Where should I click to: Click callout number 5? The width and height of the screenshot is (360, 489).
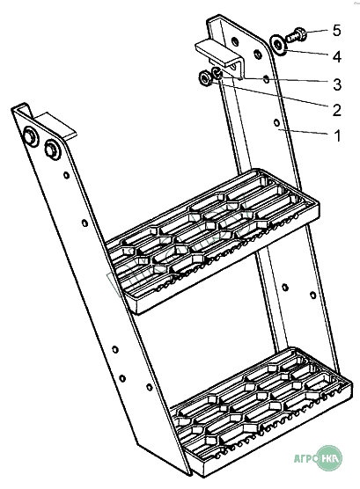pyautogui.click(x=336, y=31)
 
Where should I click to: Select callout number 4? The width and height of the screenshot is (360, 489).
pyautogui.click(x=337, y=57)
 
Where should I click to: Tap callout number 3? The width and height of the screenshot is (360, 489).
pyautogui.click(x=337, y=84)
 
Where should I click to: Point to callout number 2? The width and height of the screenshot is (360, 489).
pyautogui.click(x=337, y=110)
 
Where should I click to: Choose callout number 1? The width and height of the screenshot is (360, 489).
pyautogui.click(x=337, y=136)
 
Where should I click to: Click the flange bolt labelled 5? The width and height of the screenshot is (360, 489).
pyautogui.click(x=296, y=34)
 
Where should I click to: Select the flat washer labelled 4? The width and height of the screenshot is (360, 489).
pyautogui.click(x=278, y=44)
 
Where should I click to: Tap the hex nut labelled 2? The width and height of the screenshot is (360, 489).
pyautogui.click(x=205, y=78)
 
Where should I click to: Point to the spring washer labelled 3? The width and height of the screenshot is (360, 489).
pyautogui.click(x=217, y=73)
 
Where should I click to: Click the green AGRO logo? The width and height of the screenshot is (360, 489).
pyautogui.click(x=318, y=457)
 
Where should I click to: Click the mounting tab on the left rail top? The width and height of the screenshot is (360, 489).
pyautogui.click(x=54, y=125)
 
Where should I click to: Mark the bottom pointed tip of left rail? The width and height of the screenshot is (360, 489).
pyautogui.click(x=189, y=475)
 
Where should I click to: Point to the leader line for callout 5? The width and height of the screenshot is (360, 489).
pyautogui.click(x=317, y=31)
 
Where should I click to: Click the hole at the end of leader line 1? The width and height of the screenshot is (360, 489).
pyautogui.click(x=276, y=122)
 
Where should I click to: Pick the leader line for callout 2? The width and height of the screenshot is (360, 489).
pyautogui.click(x=269, y=93)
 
